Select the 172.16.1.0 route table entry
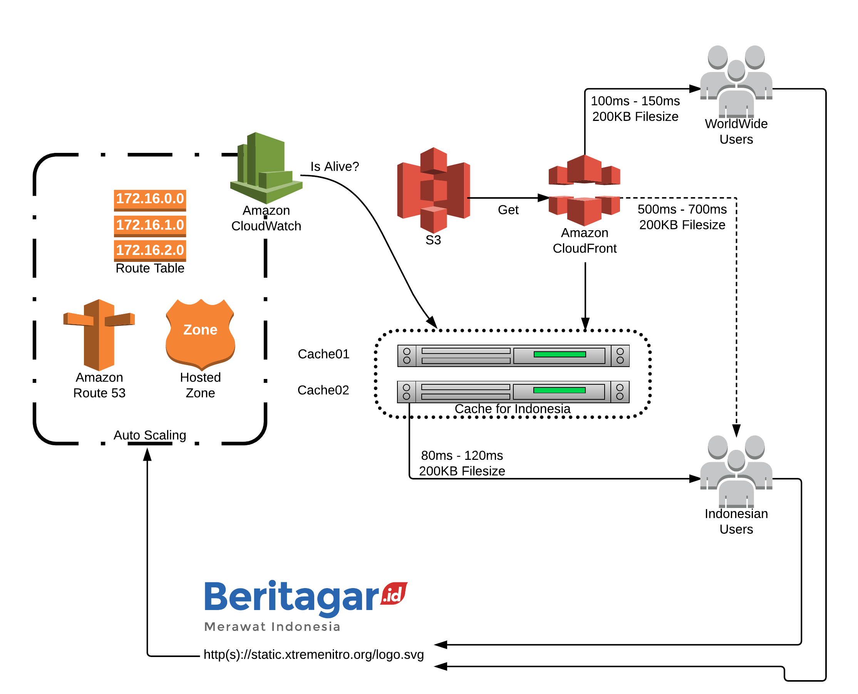pos(150,225)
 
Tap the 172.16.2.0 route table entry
pos(150,251)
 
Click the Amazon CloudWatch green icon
pos(266,168)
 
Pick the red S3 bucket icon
pos(434,190)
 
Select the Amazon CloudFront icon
pos(584,190)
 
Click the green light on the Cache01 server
pos(560,354)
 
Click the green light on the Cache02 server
pos(560,390)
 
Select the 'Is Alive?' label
pos(335,166)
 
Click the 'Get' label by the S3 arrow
pos(508,210)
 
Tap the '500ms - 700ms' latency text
pos(682,209)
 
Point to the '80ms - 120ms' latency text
pos(462,455)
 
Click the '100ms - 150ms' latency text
pos(635,101)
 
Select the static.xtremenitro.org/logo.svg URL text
pos(314,654)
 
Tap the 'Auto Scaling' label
pos(150,435)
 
